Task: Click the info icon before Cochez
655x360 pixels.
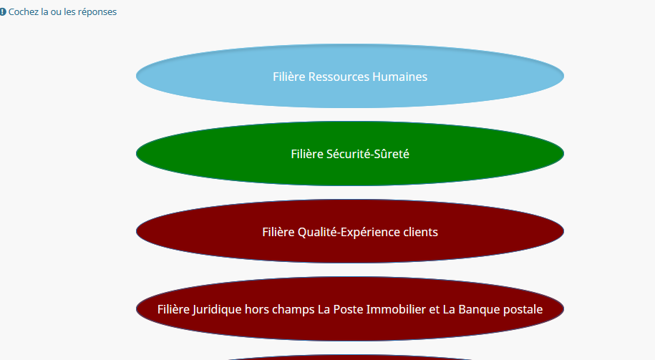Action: coord(3,12)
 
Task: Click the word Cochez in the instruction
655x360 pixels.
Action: coord(24,12)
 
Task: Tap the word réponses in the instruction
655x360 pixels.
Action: coord(97,12)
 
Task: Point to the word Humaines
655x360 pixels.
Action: coord(400,77)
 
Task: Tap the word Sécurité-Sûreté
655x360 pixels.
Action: coord(368,154)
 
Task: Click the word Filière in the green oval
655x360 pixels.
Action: coord(307,154)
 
